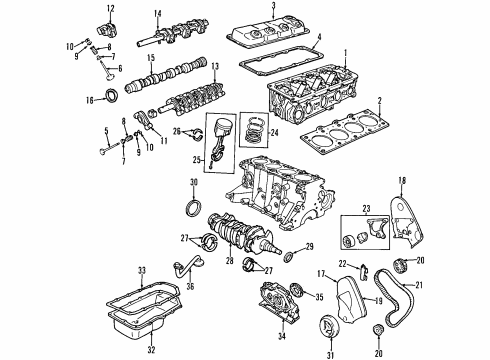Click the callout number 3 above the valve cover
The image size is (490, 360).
(x=273, y=7)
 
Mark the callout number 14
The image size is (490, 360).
(x=157, y=12)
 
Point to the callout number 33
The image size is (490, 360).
(x=142, y=270)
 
